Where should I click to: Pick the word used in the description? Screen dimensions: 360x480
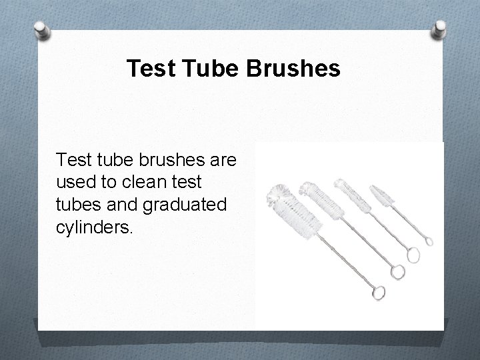[x=74, y=182]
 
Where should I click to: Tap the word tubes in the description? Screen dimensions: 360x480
[x=77, y=205]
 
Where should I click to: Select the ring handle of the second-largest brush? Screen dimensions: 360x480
[x=398, y=271]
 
